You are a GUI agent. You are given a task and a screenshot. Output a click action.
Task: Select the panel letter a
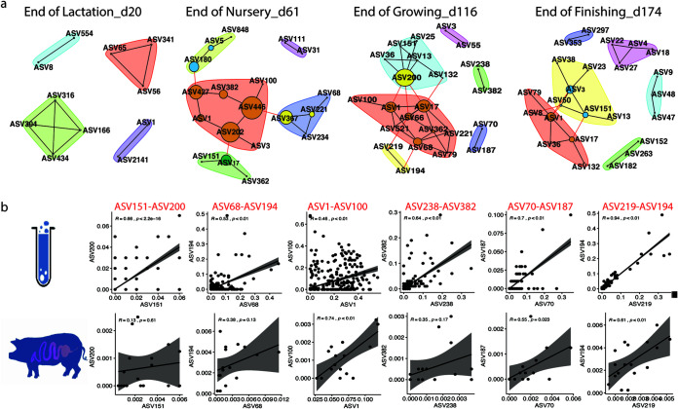(x=8, y=7)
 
